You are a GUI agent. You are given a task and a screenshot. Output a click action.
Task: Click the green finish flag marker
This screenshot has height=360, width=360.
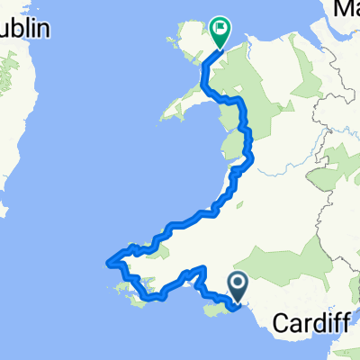click(220, 30)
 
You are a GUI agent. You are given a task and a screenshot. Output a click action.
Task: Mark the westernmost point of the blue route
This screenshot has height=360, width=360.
click(110, 262)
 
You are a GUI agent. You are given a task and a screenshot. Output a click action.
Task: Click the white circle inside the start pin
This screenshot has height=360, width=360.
click(238, 284)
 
